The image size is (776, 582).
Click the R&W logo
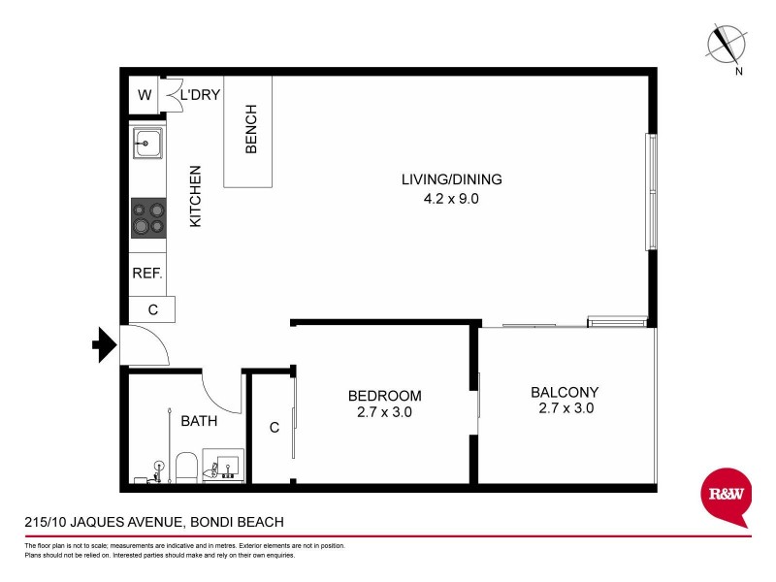click(x=727, y=496)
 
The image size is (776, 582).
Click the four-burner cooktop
click(x=147, y=216)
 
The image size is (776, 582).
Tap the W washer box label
click(x=145, y=95)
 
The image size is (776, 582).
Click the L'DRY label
click(x=201, y=95)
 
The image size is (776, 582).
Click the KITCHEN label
click(x=195, y=196)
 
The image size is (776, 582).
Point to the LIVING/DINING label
click(x=454, y=179)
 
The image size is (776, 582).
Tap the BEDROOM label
click(x=385, y=396)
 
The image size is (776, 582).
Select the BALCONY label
click(x=565, y=393)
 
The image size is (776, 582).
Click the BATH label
click(x=199, y=421)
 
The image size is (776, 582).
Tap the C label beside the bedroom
click(x=275, y=427)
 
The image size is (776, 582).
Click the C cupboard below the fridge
click(x=152, y=309)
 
